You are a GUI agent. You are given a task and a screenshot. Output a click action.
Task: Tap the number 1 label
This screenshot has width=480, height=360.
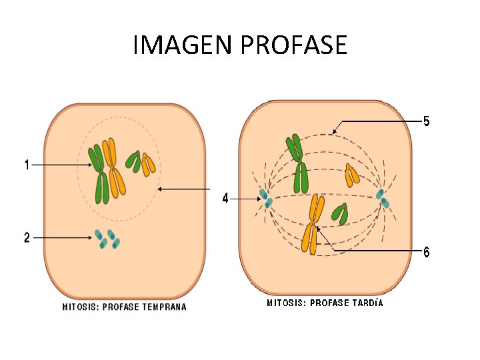click(27, 164)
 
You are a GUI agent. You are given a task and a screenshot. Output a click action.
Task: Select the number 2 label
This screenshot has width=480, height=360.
click(27, 237)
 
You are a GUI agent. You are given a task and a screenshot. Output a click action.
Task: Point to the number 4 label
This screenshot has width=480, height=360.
click(225, 198)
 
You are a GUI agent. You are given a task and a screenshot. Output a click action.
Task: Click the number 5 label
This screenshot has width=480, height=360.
click(427, 121)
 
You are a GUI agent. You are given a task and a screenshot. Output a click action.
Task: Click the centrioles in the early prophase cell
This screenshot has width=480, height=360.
click(107, 238)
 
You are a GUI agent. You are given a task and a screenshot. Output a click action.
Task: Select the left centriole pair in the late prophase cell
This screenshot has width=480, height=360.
click(266, 198)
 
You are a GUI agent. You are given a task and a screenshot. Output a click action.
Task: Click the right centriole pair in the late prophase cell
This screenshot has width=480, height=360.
click(382, 198)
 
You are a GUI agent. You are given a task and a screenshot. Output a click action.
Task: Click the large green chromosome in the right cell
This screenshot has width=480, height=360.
click(297, 163)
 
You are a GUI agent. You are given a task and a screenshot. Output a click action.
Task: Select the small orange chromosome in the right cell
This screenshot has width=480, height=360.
click(351, 175)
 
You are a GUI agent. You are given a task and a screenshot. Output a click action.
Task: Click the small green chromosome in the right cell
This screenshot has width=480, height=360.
click(340, 214)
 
